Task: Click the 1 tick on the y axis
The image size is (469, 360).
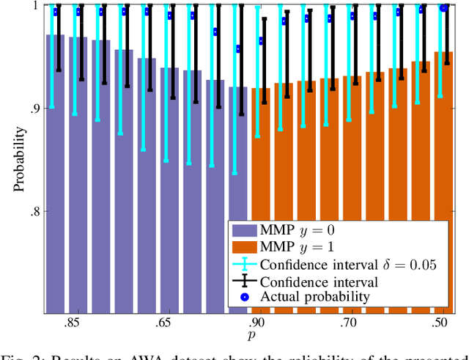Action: click(36, 6)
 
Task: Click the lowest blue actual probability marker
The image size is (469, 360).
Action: click(238, 49)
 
